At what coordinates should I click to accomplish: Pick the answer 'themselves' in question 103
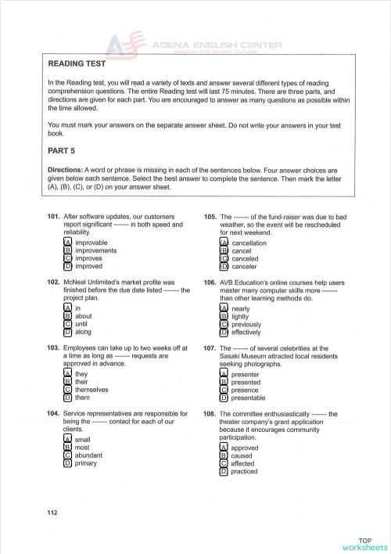pos(91,389)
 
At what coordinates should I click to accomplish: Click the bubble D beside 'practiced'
pos(224,471)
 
